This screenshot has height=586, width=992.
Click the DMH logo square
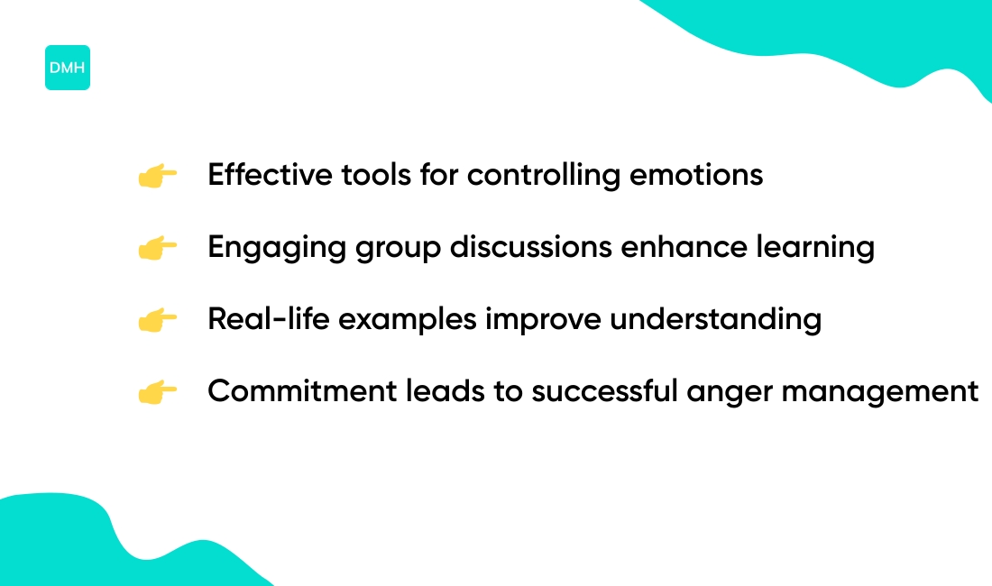click(x=67, y=68)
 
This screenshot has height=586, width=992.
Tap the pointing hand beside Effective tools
click(x=158, y=176)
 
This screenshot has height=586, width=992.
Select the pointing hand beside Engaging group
click(x=158, y=248)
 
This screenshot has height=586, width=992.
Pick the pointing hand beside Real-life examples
click(x=158, y=320)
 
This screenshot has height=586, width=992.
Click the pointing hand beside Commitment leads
click(x=158, y=392)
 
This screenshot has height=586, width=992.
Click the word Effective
click(x=270, y=175)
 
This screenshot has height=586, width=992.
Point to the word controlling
click(x=544, y=176)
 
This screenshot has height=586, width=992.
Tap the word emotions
click(x=696, y=176)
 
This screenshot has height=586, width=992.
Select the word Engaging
click(x=277, y=248)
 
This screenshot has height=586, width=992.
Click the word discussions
click(x=531, y=246)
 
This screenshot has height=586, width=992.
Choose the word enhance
click(x=684, y=246)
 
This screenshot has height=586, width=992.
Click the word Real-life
click(x=268, y=318)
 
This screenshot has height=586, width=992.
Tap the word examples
click(x=408, y=320)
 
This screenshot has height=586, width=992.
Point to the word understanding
click(x=715, y=320)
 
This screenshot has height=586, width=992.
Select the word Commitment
click(x=302, y=390)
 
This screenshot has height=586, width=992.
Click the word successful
click(x=604, y=390)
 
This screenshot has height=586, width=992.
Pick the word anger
click(x=730, y=393)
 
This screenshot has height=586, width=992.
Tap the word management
click(x=880, y=393)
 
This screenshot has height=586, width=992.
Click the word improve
click(x=543, y=320)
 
